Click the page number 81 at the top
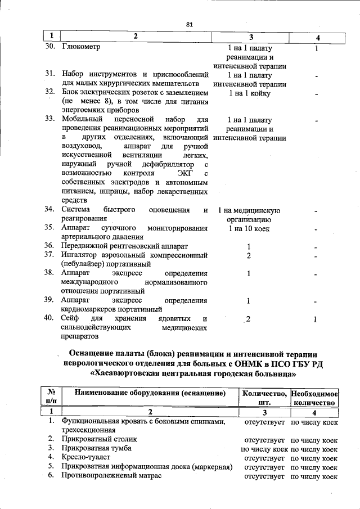coord(189,24)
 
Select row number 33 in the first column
coord(49,120)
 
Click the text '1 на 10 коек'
coord(250,229)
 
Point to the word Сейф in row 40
coord(71,318)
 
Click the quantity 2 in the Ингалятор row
coord(249,255)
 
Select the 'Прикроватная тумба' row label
coord(97,448)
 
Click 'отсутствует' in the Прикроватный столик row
coord(263,439)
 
